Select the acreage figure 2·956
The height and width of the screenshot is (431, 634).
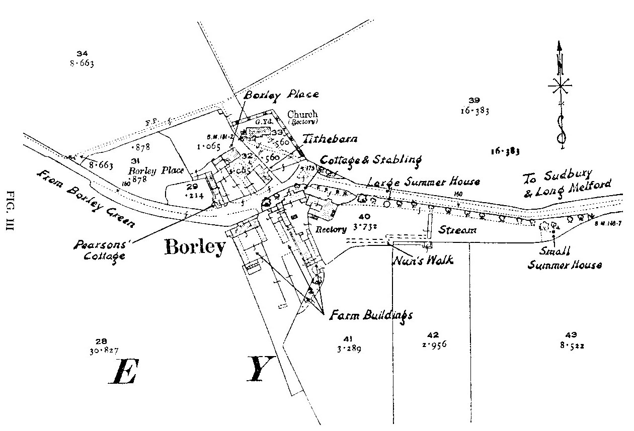tap(433, 345)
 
